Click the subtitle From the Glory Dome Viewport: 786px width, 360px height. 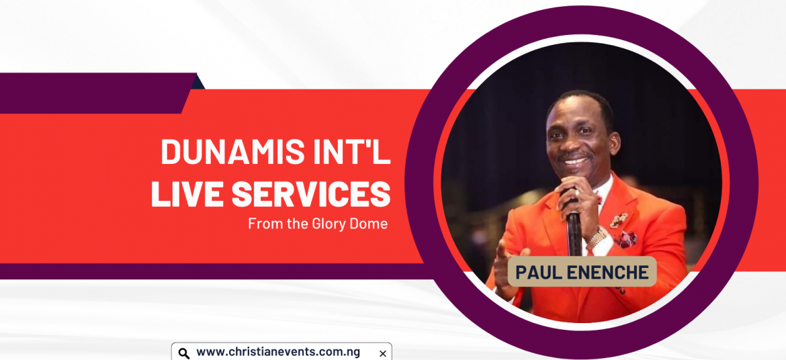coord(318,224)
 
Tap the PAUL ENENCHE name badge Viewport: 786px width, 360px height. coord(582,272)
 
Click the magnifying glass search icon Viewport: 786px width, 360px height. coord(184,353)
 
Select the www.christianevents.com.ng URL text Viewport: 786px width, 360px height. coord(277,351)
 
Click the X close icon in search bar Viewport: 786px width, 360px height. coord(382,353)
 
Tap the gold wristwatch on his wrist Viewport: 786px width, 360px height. coord(597,238)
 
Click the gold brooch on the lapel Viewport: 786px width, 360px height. coord(619,220)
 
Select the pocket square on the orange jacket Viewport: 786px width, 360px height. coord(625,239)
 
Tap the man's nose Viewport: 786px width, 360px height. coord(572,145)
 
